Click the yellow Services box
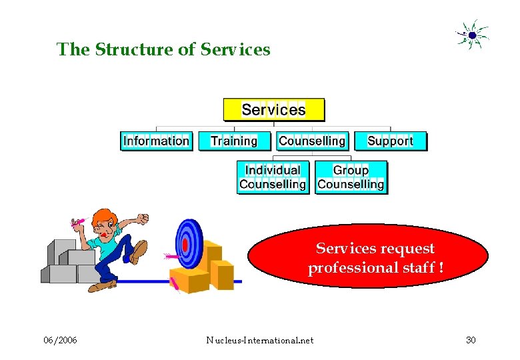[273, 110]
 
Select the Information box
[157, 141]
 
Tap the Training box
[234, 141]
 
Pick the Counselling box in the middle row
[312, 141]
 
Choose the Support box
[390, 141]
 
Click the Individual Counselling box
[273, 177]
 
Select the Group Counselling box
[351, 177]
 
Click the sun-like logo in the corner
[472, 35]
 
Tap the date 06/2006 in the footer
[60, 341]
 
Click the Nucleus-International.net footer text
[260, 341]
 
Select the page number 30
[471, 341]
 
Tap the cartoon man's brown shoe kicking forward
[139, 251]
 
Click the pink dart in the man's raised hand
[78, 223]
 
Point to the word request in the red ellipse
[406, 249]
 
